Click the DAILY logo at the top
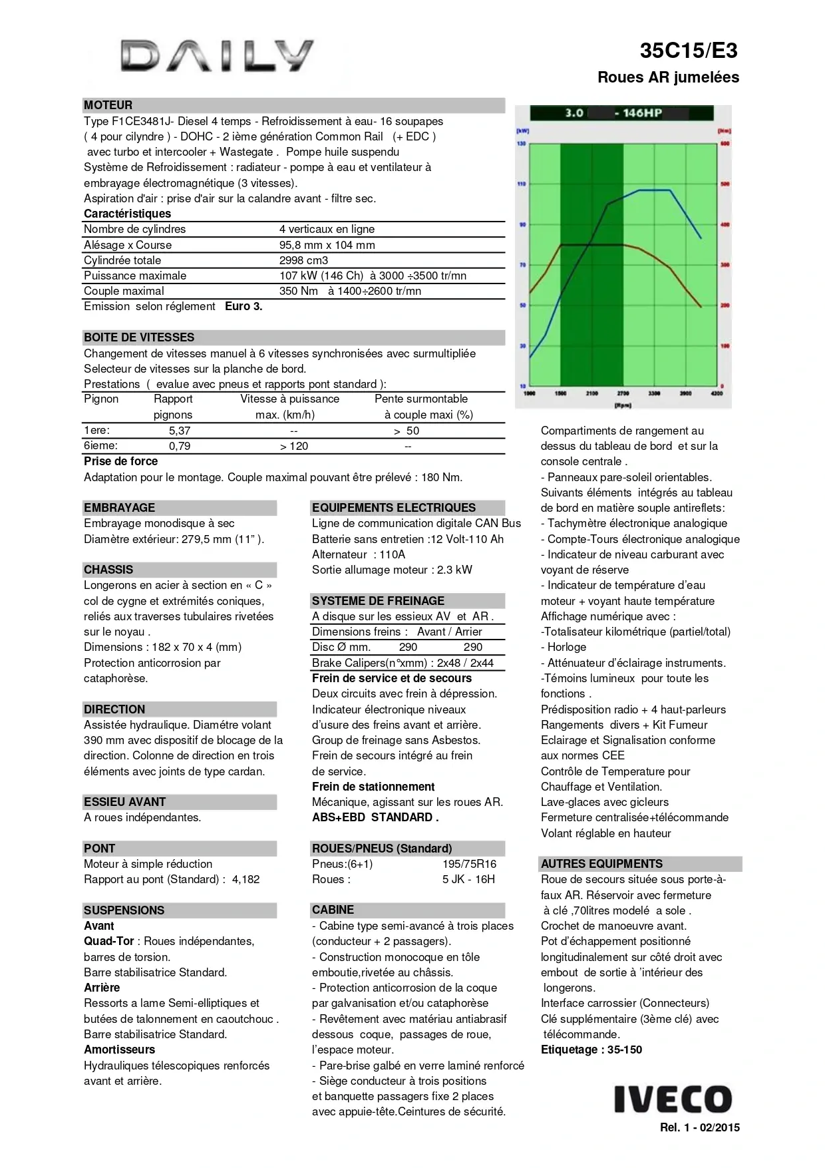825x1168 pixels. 217,56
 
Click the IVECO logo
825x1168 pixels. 673,1099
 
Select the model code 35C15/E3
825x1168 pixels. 689,51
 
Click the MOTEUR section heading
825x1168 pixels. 108,105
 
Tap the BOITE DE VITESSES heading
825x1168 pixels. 139,337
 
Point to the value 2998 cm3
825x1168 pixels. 303,260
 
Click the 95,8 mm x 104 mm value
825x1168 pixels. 327,245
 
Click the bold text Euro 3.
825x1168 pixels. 244,306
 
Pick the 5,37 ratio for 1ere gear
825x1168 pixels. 180,431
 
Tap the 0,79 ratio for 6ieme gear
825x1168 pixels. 180,446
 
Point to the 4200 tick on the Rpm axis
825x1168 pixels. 717,393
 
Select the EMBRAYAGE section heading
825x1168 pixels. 119,508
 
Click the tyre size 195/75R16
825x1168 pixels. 469,864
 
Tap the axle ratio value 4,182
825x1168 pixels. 246,879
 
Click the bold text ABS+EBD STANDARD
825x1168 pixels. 375,817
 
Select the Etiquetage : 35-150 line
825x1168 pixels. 591,1050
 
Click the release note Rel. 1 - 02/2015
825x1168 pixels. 699,1127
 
